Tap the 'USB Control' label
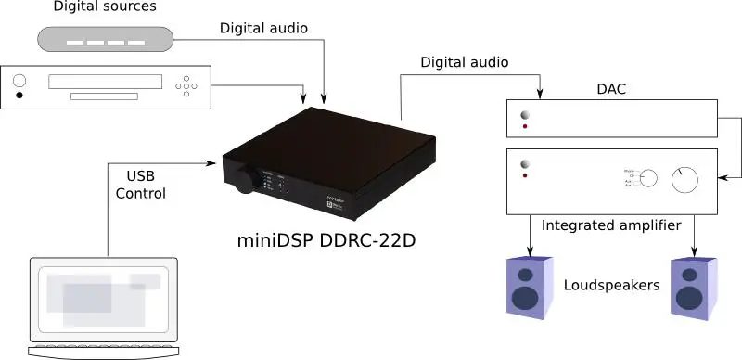147,185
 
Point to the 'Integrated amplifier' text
613,225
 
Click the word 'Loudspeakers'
611,284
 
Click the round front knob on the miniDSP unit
246,182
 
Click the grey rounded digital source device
105,39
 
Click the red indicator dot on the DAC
526,127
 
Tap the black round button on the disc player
19,94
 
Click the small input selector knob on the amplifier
648,180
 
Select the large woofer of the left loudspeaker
526,298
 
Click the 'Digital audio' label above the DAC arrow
464,62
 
